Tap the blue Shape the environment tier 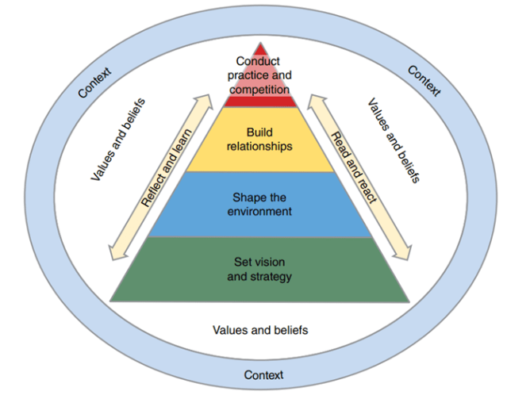pyautogui.click(x=259, y=204)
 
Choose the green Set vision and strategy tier pyautogui.click(x=259, y=270)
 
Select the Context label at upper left pyautogui.click(x=94, y=82)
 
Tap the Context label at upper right pyautogui.click(x=424, y=81)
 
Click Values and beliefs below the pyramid pyautogui.click(x=260, y=328)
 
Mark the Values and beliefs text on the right pyautogui.click(x=394, y=140)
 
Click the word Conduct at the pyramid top pyautogui.click(x=259, y=61)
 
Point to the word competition pyautogui.click(x=259, y=89)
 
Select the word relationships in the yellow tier pyautogui.click(x=259, y=147)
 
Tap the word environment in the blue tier pyautogui.click(x=259, y=211)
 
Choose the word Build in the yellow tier pyautogui.click(x=259, y=132)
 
